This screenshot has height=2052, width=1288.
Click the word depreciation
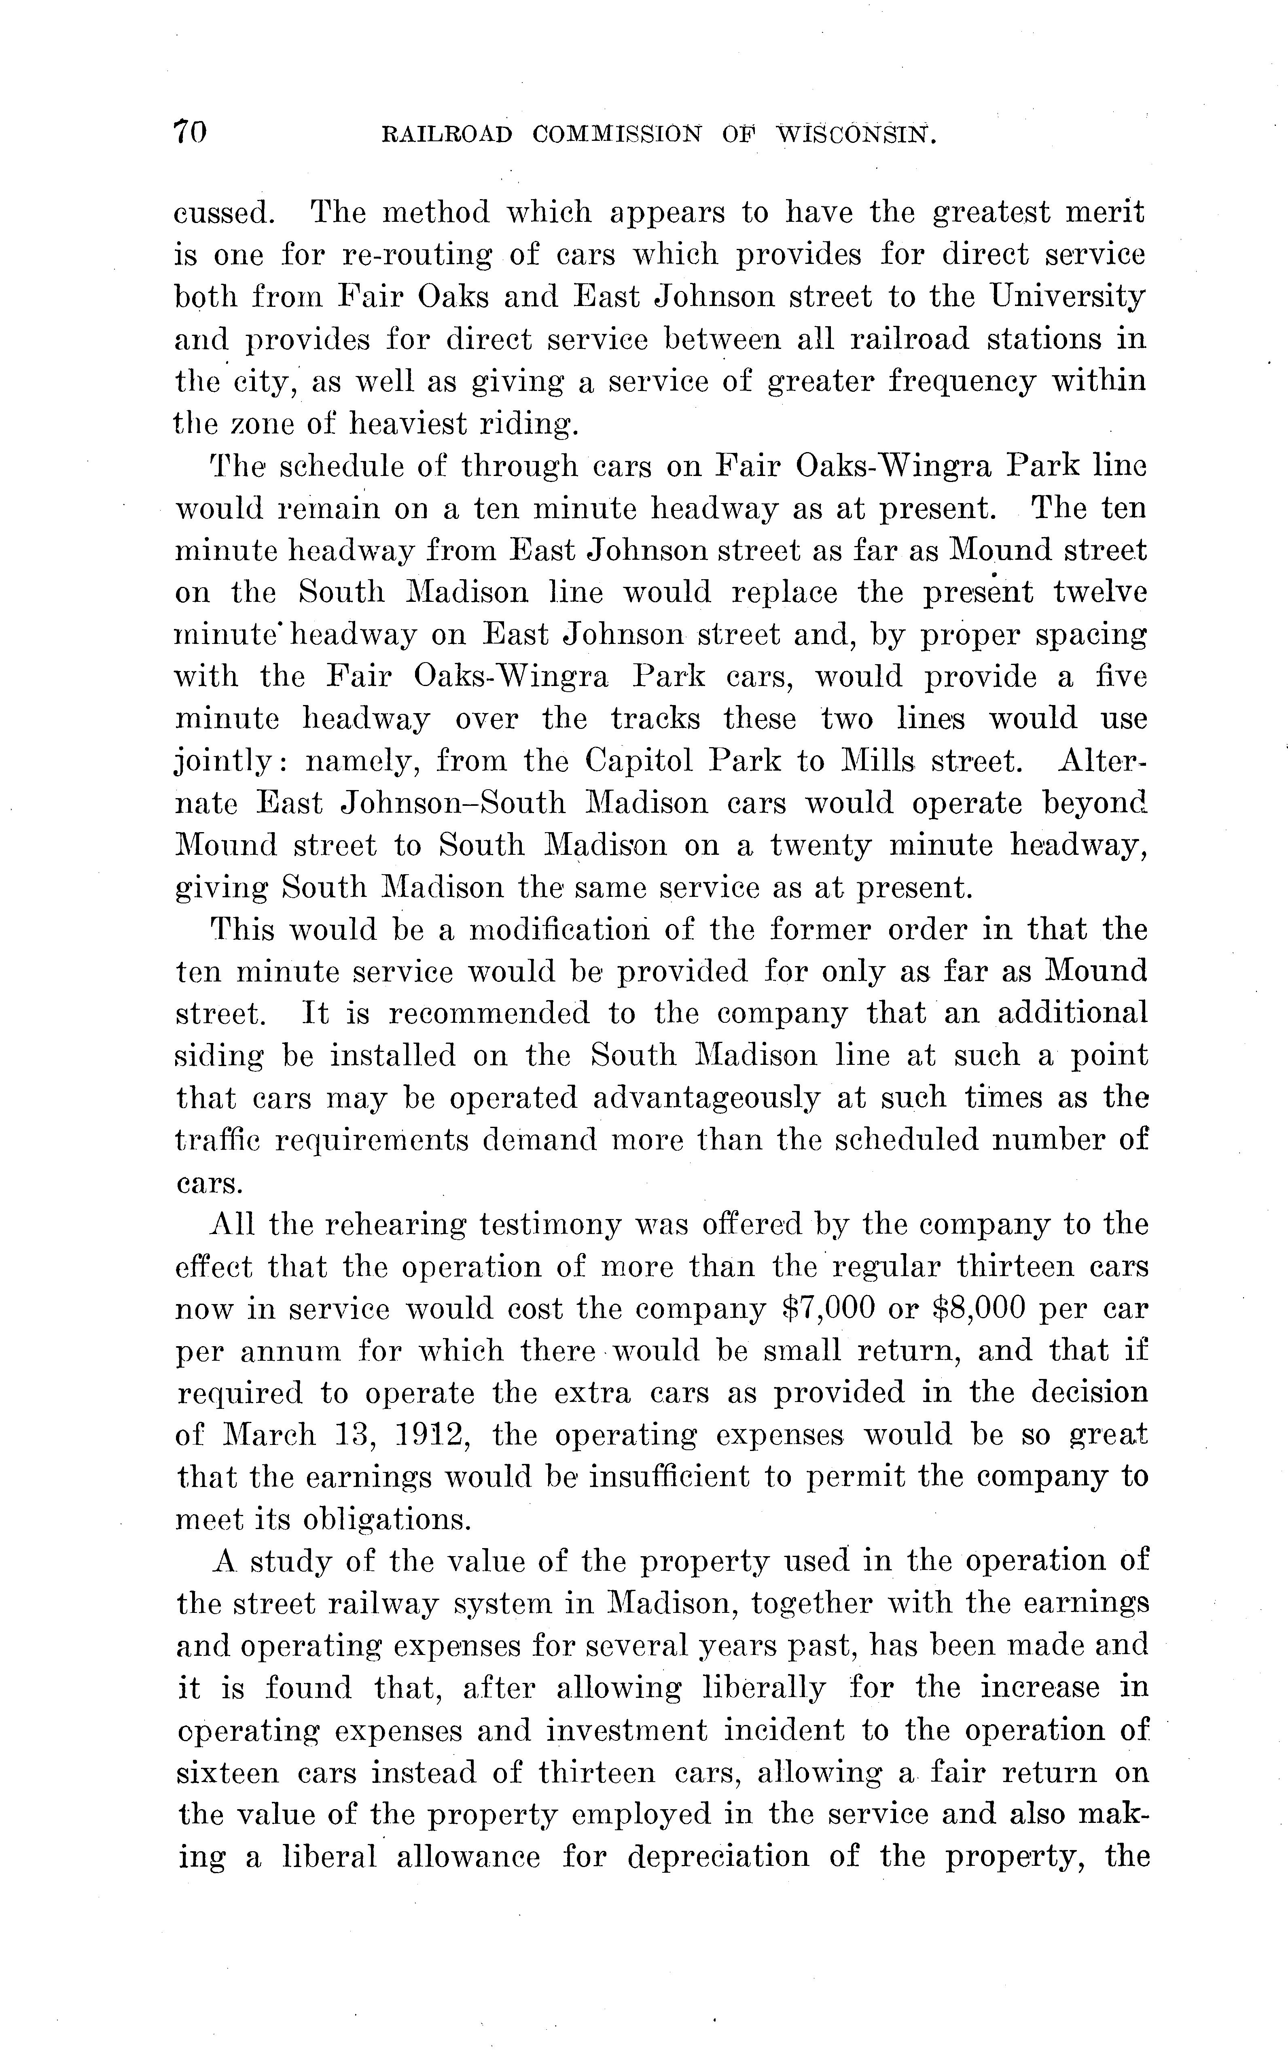pyautogui.click(x=718, y=1858)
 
